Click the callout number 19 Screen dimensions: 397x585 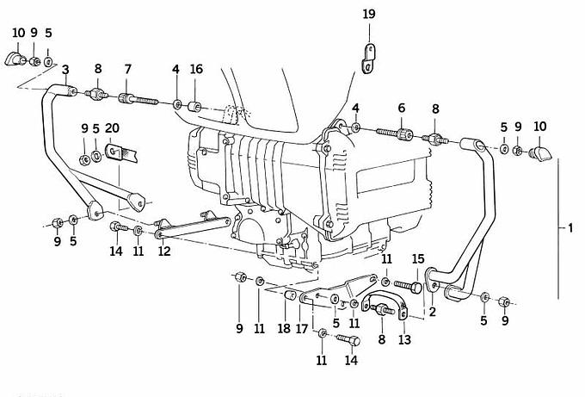tap(368, 14)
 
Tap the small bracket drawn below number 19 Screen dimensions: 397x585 tap(370, 57)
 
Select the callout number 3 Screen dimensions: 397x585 tap(65, 68)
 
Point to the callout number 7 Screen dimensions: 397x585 tap(127, 68)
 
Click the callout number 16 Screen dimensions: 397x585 tap(196, 68)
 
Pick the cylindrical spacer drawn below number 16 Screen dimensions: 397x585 tap(195, 107)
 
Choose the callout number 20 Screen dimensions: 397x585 tap(112, 128)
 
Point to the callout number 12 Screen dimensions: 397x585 tap(163, 251)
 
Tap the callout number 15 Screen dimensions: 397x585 tap(418, 258)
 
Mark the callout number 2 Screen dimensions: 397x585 tap(433, 313)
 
